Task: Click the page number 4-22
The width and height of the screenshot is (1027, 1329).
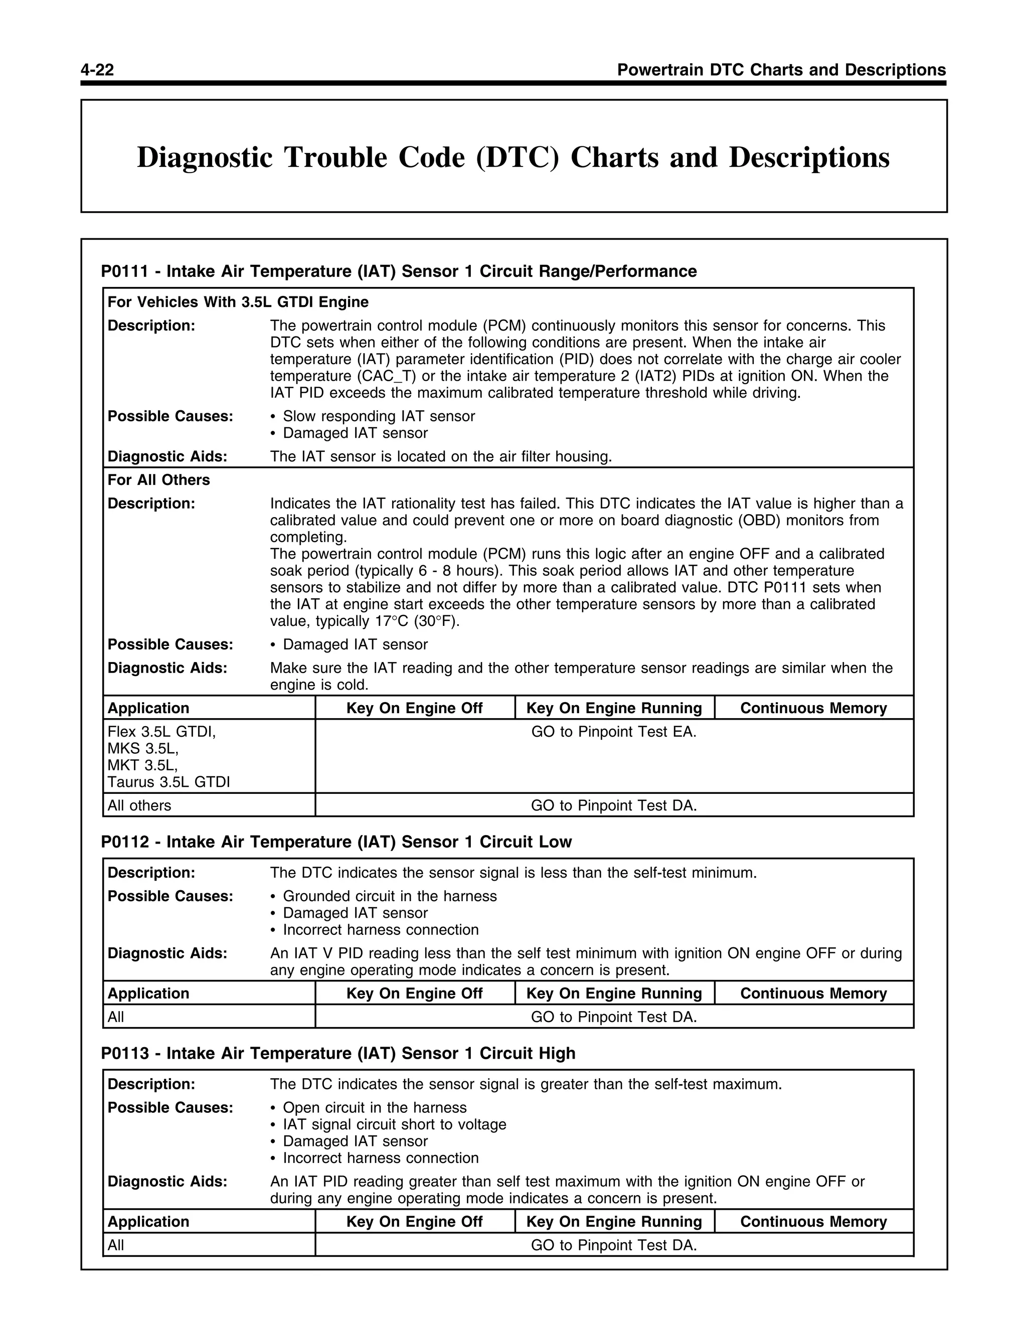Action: (x=97, y=70)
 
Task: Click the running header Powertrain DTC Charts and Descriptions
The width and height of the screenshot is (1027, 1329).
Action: (x=781, y=70)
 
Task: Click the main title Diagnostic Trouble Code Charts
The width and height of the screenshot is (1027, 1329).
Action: (x=513, y=157)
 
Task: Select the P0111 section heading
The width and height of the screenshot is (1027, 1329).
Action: (x=399, y=271)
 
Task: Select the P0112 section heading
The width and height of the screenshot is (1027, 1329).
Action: (x=336, y=842)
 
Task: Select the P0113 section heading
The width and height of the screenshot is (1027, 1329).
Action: (x=337, y=1053)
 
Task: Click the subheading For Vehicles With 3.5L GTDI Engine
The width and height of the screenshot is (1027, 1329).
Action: (x=238, y=302)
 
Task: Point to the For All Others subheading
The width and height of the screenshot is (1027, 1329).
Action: (x=159, y=480)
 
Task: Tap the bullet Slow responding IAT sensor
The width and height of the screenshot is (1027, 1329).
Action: (x=379, y=416)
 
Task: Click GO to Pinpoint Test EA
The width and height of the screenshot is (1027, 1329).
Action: (x=613, y=732)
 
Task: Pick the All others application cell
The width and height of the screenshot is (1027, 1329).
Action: (x=139, y=806)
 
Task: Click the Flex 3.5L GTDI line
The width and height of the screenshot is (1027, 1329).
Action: (x=162, y=732)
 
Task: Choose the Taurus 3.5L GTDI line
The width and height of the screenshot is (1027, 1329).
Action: (x=168, y=782)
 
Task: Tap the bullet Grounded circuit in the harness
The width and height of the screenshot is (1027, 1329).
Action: (x=389, y=896)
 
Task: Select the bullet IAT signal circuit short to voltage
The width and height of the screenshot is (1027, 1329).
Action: (x=394, y=1124)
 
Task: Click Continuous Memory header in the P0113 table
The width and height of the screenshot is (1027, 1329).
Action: (x=813, y=1222)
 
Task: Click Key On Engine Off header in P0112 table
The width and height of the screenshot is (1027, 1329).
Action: (x=414, y=993)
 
